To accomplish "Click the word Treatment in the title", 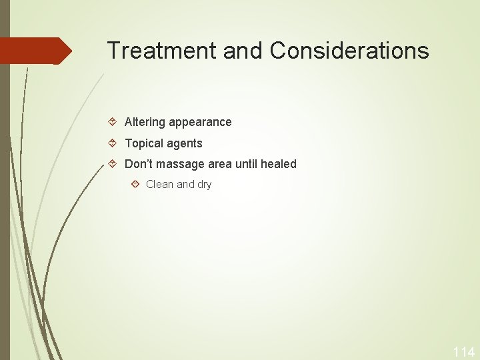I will pos(161,51).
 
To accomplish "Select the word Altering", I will pos(145,122).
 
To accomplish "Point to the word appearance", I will pos(200,122).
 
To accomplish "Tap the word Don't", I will pos(139,164).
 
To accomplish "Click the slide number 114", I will pos(463,352).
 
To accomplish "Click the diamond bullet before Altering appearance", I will pos(113,122).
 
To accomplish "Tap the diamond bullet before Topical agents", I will pos(113,143).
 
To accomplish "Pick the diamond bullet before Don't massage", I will pos(113,164).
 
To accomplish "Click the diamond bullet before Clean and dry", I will pos(135,184).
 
